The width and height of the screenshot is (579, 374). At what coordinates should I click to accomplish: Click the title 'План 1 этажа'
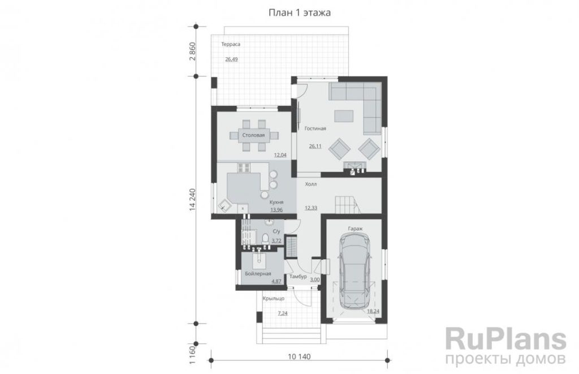coord(300,13)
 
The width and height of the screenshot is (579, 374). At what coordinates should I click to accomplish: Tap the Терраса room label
coord(231,44)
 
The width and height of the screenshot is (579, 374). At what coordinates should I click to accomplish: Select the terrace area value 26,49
coord(231,59)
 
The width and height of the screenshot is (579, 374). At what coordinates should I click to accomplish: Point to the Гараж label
coord(355,229)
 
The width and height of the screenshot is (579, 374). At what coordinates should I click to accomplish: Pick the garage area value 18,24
coord(373,311)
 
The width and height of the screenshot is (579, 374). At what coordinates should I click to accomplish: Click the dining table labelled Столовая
coord(254,136)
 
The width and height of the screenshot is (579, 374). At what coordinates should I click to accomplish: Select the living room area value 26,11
coord(315,147)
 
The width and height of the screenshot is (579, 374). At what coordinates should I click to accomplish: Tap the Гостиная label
coord(316,128)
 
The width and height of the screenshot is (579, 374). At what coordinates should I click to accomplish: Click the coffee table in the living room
coord(344,115)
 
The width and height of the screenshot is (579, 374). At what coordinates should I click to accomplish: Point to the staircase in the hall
coord(347,205)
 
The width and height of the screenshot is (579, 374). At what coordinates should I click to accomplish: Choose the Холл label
coord(311,184)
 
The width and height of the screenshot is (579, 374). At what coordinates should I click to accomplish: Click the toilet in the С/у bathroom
coord(265,238)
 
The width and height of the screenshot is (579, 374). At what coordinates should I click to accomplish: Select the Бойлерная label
coord(258,274)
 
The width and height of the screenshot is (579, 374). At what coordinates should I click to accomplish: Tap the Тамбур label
coord(299,277)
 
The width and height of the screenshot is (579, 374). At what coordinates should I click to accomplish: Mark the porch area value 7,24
coord(283,313)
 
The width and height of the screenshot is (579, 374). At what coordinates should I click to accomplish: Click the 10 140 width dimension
coord(299,357)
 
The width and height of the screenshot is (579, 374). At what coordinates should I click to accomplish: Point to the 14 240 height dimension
coord(193,200)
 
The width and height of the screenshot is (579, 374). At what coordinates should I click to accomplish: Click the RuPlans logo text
coord(506,339)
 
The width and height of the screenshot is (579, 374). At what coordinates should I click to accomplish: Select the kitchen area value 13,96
coord(276,210)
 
